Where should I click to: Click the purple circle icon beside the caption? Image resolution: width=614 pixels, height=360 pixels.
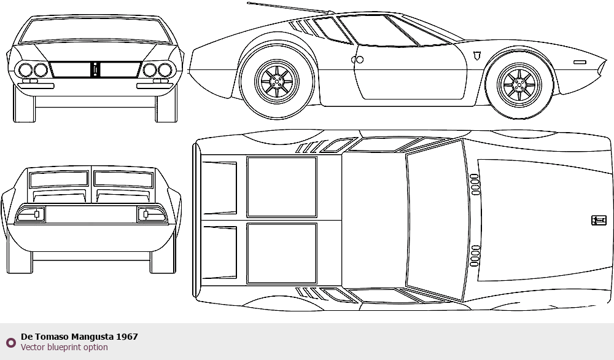(11, 343)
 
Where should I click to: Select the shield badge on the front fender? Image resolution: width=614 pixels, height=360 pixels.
(476, 56)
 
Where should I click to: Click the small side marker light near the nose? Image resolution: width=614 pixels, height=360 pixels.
(580, 62)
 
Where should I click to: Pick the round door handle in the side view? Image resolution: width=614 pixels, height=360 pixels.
(357, 60)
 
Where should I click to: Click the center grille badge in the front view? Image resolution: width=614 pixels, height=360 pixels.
(95, 69)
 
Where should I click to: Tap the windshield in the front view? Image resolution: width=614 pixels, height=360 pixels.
(95, 30)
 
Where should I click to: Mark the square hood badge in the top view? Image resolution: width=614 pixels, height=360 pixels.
(598, 221)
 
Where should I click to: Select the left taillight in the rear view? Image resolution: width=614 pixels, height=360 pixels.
(31, 214)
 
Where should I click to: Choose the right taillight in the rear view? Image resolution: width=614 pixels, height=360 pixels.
(152, 214)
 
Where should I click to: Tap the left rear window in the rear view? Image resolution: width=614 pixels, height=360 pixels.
(59, 179)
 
